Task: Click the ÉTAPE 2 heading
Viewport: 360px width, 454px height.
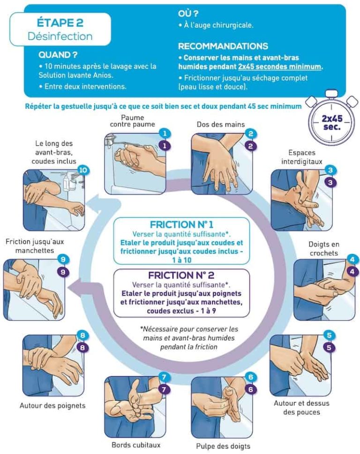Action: pos(60,23)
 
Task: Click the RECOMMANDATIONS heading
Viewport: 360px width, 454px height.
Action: pos(223,46)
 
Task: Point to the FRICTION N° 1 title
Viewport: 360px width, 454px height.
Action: pos(181,224)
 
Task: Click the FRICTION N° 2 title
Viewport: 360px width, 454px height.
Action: pos(181,275)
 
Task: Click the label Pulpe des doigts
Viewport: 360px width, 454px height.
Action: pos(223,446)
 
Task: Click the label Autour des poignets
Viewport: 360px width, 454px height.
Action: pos(52,405)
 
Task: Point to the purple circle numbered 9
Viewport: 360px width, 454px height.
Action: pos(63,271)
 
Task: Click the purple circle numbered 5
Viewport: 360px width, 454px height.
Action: pos(330,348)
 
